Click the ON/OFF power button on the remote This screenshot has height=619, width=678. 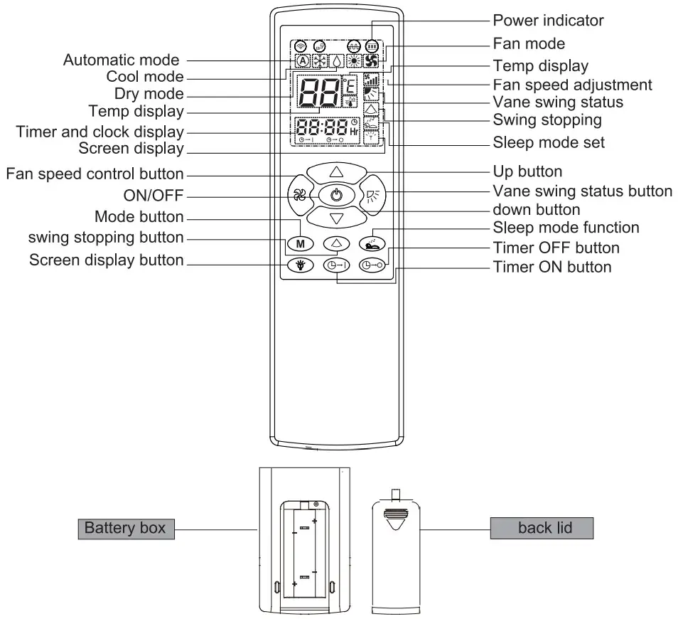337,194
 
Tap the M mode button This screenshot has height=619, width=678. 299,243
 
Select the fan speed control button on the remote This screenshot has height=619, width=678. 298,194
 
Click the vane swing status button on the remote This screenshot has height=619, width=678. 376,194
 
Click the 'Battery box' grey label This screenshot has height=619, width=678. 125,528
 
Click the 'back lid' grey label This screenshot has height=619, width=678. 541,528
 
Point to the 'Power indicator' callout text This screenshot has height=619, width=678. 547,19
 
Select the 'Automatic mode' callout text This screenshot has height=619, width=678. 122,60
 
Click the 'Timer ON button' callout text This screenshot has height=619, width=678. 552,267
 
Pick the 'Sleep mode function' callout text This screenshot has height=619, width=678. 566,228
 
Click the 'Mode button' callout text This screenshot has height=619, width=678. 139,216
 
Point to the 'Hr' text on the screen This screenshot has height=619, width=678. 353,132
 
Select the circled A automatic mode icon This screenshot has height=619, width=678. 302,61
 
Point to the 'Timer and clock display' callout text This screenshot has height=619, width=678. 99,132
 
